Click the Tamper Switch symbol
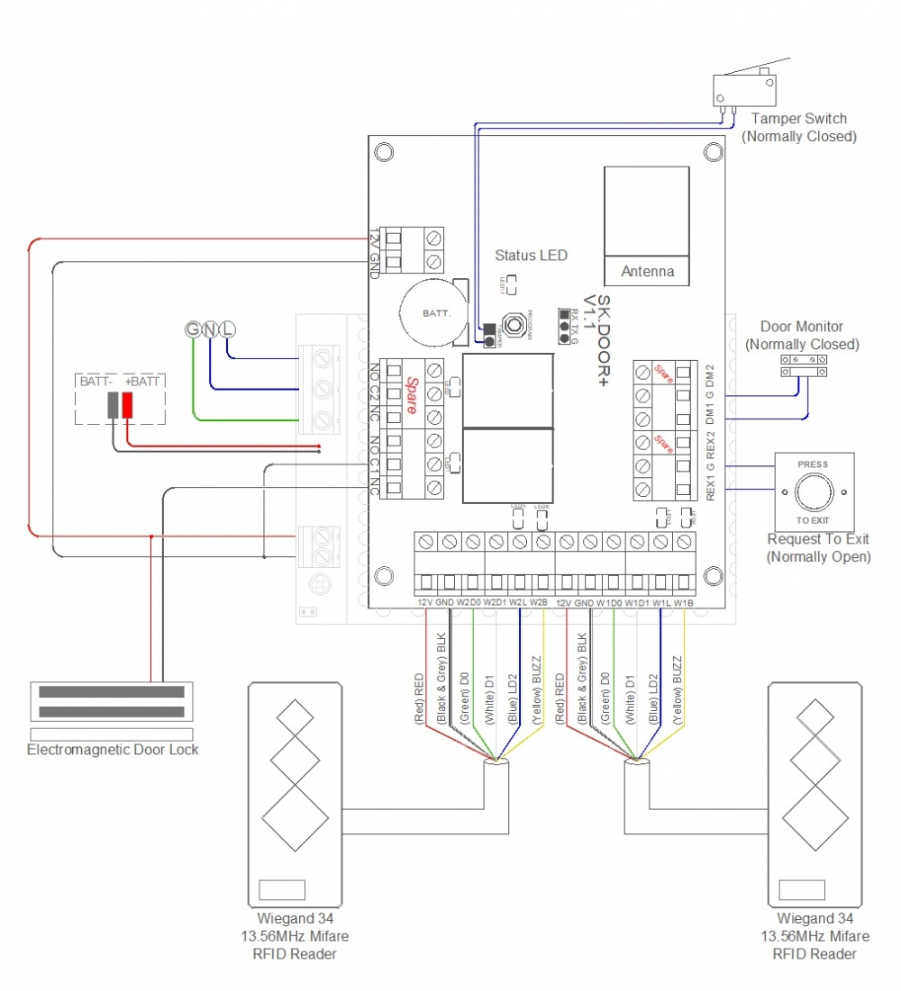point(743,88)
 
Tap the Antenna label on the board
point(648,271)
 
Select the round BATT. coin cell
point(430,313)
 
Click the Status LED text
point(532,256)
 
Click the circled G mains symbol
point(193,329)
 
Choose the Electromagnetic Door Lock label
point(113,749)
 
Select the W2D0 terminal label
point(469,602)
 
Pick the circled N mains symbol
point(209,329)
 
